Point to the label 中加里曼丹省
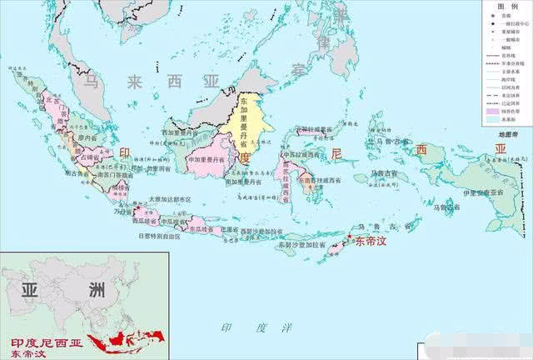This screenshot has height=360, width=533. click(207, 158)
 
